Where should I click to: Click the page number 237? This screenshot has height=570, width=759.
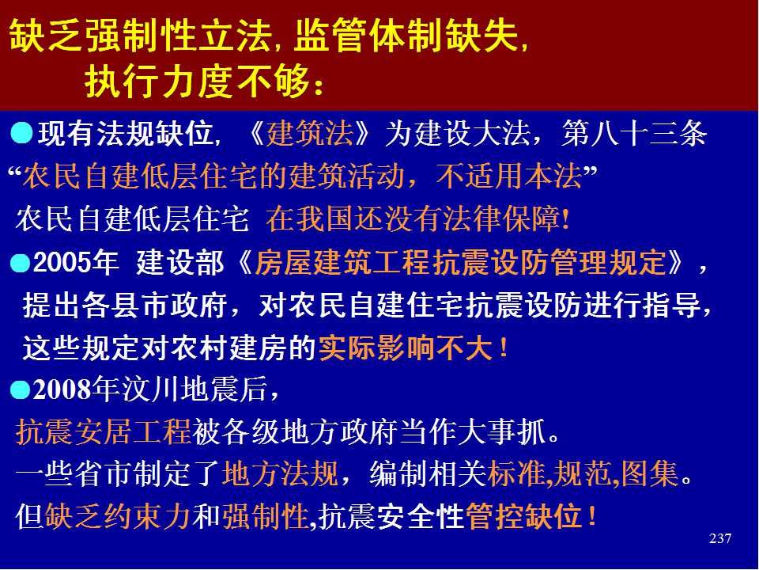coord(719,538)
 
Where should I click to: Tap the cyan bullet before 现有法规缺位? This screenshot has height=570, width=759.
coord(22,133)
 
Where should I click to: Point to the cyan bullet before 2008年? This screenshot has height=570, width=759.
coord(20,389)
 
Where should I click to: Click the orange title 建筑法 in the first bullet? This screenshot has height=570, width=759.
coord(310,133)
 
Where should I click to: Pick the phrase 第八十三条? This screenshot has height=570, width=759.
coord(634,133)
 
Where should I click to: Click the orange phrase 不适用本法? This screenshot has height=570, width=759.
coord(508,176)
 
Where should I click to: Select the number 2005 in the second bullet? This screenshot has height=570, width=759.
coord(62,263)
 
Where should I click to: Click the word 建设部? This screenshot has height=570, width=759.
coord(180,263)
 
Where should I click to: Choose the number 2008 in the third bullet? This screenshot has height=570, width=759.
coord(62,389)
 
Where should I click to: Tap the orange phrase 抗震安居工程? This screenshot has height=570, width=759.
coord(104,431)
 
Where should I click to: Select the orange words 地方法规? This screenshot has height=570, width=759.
coord(280,473)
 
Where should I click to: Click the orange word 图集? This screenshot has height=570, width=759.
coord(650,473)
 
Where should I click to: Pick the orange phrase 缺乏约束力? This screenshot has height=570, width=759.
coord(118,515)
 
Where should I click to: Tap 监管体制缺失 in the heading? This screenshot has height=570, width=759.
coord(406,36)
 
